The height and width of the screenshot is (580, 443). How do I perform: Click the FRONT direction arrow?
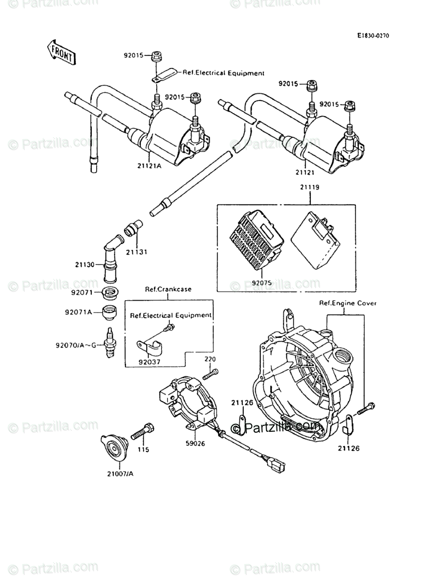click(x=61, y=52)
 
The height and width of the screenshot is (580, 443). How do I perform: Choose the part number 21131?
click(x=136, y=252)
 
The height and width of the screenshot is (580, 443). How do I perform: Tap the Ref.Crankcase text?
click(x=168, y=289)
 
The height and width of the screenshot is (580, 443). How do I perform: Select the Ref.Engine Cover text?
click(x=347, y=303)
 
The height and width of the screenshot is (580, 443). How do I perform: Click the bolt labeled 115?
click(x=142, y=431)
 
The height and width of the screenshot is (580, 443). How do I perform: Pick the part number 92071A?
click(x=78, y=313)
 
